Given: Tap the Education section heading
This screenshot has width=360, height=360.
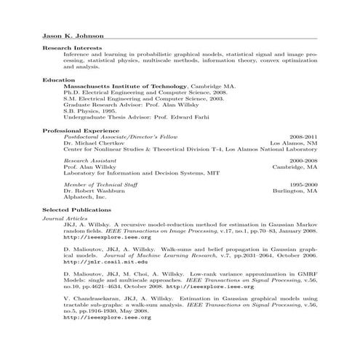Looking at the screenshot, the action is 59,79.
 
